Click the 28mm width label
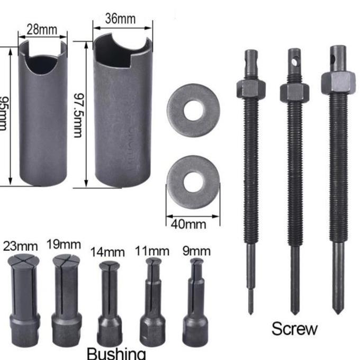click(42, 30)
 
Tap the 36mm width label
click(120, 19)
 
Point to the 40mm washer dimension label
click(189, 223)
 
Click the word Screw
click(295, 328)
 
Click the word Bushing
click(115, 353)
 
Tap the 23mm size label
click(21, 246)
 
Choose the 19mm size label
click(64, 245)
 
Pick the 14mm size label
click(107, 251)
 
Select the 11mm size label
click(152, 250)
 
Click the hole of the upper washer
click(193, 110)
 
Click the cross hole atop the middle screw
click(294, 62)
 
